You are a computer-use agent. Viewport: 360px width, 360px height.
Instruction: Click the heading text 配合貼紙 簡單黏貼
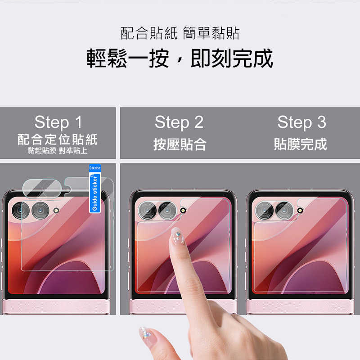click(x=180, y=33)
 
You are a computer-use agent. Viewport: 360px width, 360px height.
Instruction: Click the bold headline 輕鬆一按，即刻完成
click(x=180, y=58)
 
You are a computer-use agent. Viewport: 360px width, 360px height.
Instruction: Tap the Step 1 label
click(x=58, y=122)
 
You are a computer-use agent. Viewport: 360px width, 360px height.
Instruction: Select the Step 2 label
click(x=179, y=122)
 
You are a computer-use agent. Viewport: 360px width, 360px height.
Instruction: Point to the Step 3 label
click(x=301, y=122)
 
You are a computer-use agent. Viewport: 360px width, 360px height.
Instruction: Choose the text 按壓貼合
click(x=180, y=144)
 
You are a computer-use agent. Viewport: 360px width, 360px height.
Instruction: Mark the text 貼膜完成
click(x=301, y=144)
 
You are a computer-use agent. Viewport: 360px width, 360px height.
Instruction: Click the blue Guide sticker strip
click(x=94, y=191)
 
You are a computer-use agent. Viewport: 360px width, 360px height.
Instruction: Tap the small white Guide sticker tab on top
click(x=94, y=167)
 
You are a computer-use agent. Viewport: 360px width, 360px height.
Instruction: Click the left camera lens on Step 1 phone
click(x=21, y=210)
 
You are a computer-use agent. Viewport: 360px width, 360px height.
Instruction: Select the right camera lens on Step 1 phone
click(x=40, y=210)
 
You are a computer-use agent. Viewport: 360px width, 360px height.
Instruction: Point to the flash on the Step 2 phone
click(x=183, y=210)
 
